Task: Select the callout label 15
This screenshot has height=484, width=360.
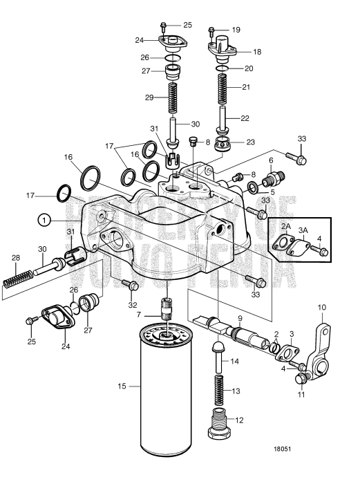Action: coord(122,386)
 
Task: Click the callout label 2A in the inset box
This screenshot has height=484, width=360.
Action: coord(285,226)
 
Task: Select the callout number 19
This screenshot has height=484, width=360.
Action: coord(236,30)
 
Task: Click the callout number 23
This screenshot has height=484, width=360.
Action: coord(250,142)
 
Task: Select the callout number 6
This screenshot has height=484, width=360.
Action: coord(271,160)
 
